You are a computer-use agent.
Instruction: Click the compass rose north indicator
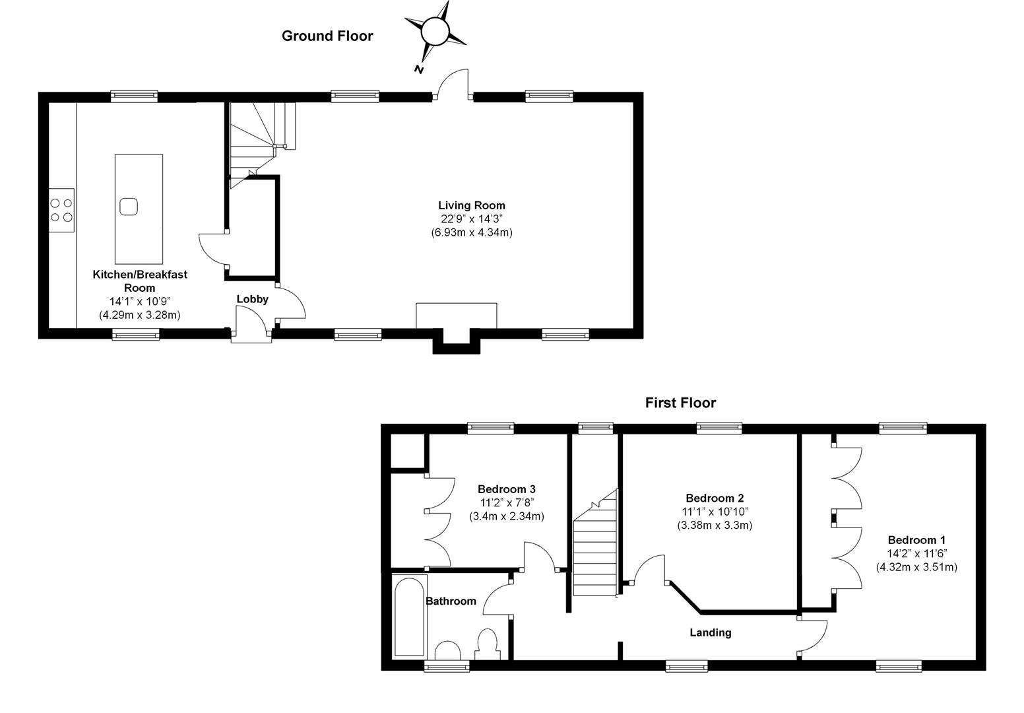[435, 31]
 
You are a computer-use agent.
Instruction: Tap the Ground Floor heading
[327, 36]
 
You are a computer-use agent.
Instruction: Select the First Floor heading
[680, 403]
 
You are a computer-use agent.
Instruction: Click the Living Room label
[472, 205]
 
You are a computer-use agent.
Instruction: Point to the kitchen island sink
[129, 206]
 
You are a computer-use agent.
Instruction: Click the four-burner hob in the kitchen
[61, 209]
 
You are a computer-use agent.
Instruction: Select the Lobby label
[253, 299]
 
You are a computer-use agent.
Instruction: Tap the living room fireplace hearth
[456, 316]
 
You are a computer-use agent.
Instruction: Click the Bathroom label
[451, 601]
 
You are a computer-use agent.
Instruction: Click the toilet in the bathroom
[487, 643]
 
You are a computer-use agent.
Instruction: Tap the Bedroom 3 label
[506, 489]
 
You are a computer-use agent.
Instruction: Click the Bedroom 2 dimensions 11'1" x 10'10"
[715, 512]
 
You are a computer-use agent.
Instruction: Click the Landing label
[711, 632]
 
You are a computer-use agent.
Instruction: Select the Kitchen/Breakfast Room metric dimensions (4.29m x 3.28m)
[140, 315]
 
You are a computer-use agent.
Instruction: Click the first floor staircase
[594, 548]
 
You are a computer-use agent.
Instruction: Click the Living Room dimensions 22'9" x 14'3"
[472, 219]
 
